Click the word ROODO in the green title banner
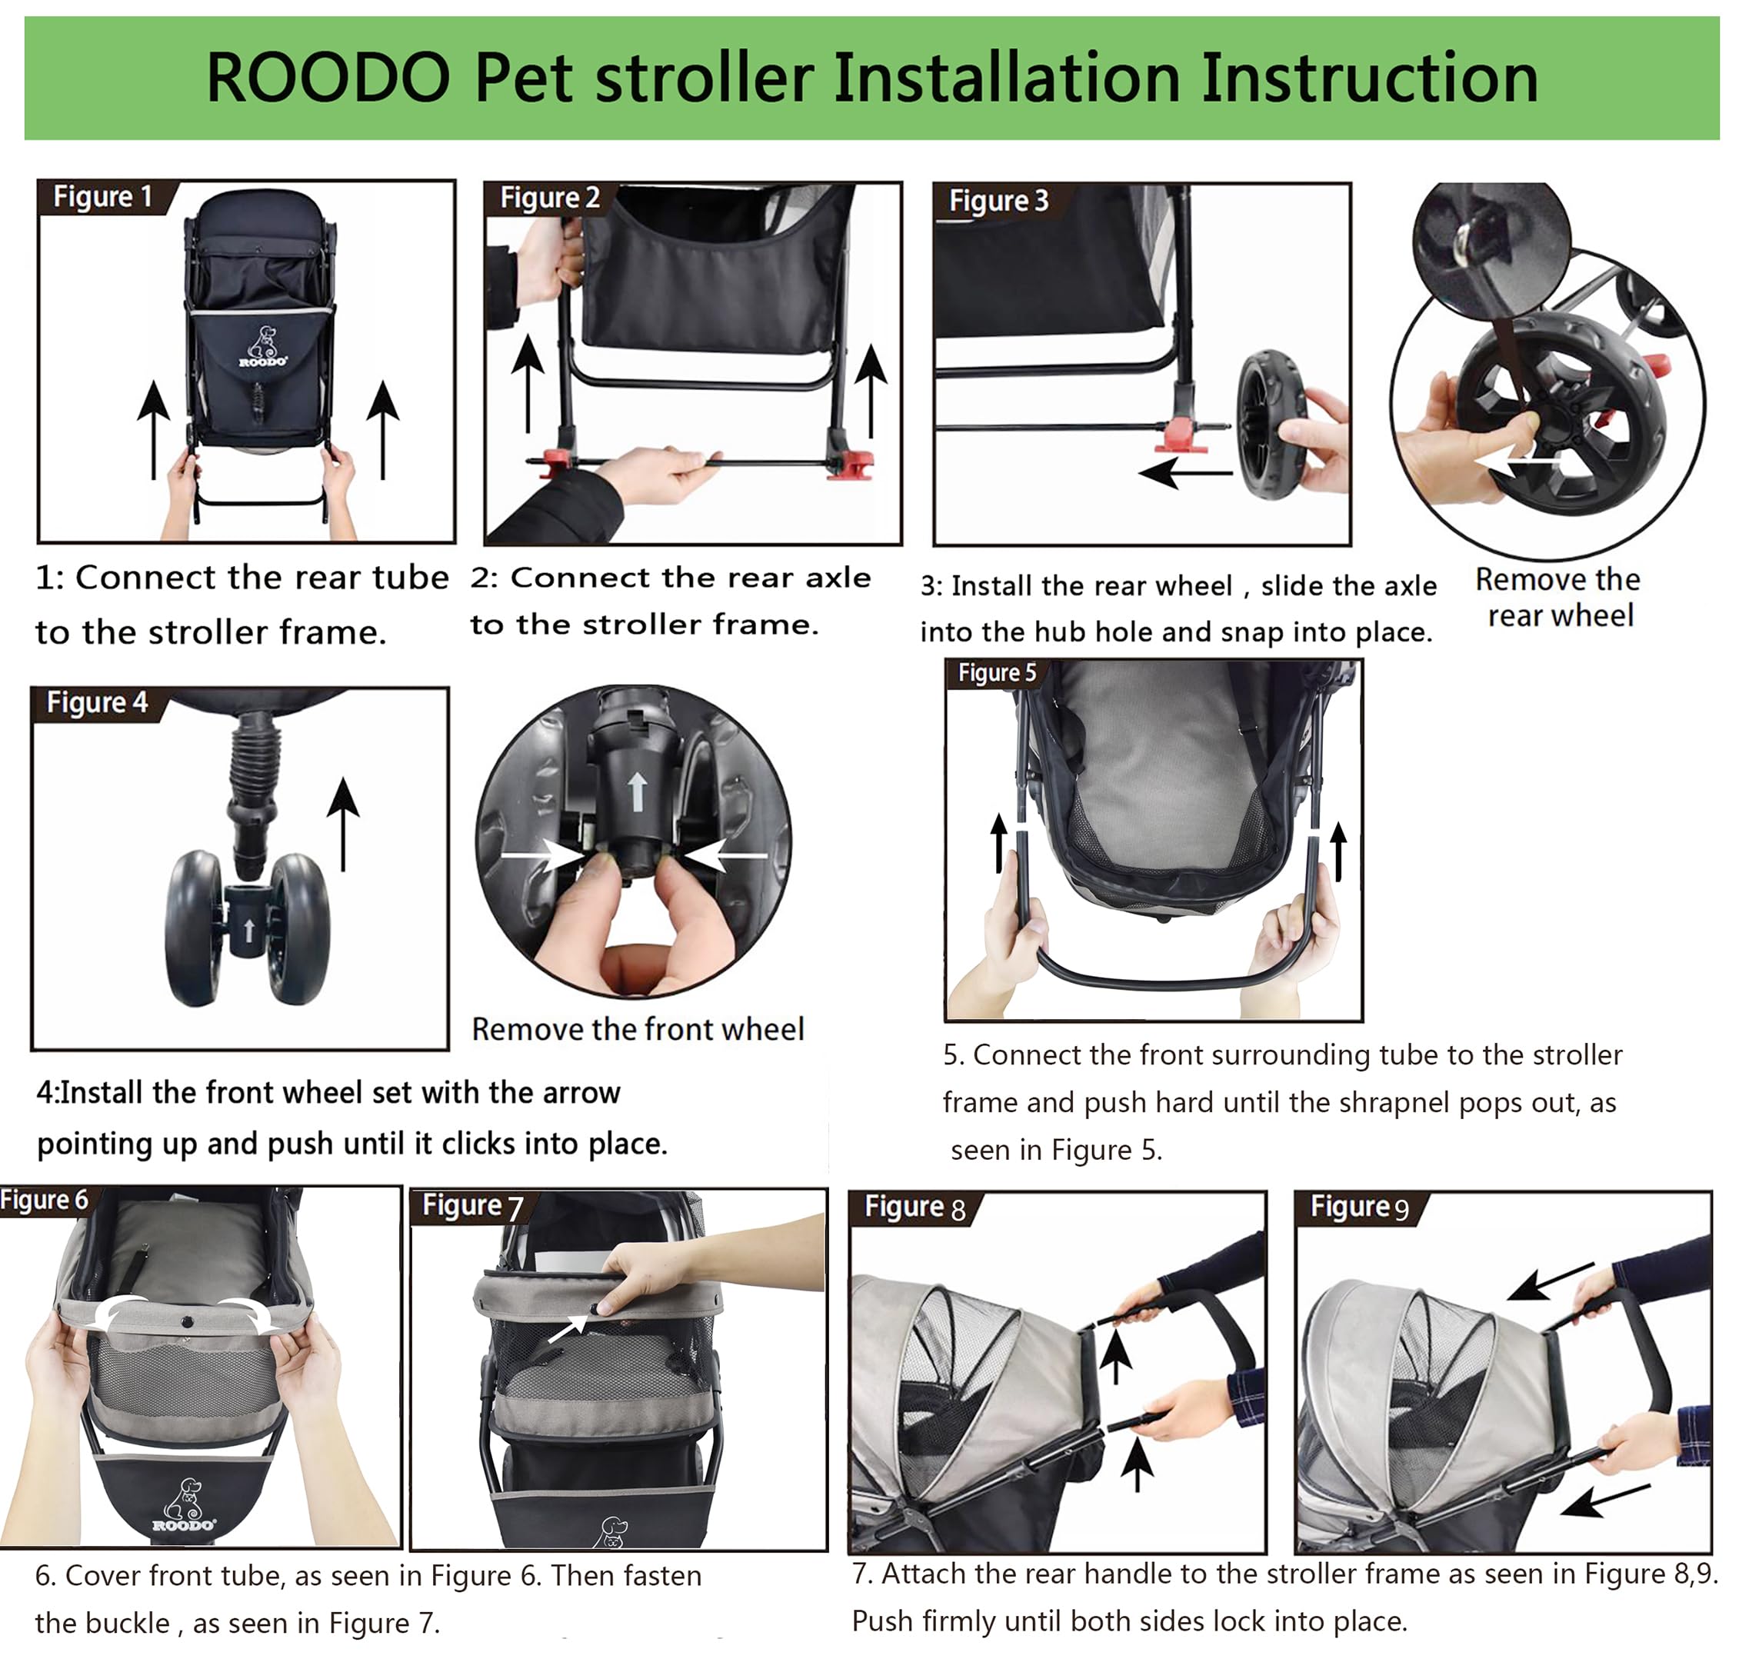click(x=328, y=78)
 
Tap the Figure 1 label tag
click(x=103, y=196)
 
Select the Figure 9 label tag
click(x=1359, y=1207)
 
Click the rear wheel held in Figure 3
click(x=1270, y=424)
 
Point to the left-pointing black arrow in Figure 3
click(x=1184, y=473)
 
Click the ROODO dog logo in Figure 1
click(x=262, y=347)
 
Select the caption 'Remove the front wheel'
click(x=637, y=1029)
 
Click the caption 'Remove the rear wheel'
click(x=1558, y=597)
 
